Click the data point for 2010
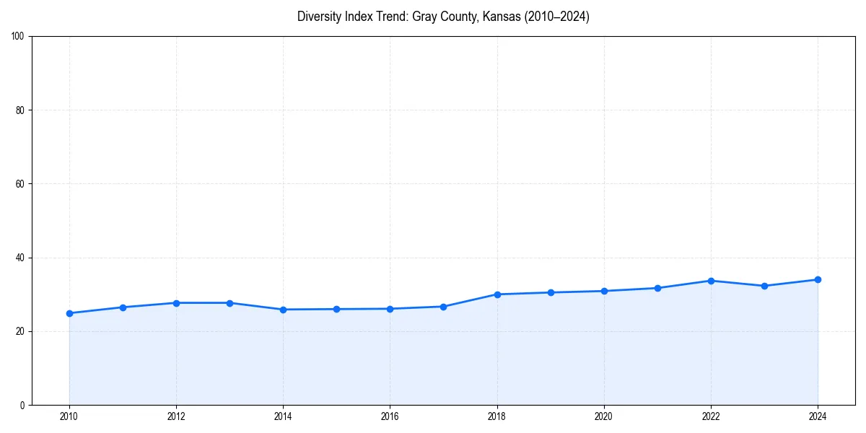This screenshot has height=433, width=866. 69,313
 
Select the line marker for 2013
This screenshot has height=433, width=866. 229,303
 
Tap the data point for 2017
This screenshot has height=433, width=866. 444,307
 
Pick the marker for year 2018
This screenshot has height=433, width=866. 497,294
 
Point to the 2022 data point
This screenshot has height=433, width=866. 711,281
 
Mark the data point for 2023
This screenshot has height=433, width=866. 764,286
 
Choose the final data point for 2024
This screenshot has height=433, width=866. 818,279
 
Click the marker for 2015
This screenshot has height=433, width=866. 336,309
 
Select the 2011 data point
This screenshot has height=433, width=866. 123,307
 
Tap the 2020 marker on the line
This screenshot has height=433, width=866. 604,291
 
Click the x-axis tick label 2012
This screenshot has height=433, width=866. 176,416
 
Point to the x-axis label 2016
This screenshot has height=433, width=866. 390,416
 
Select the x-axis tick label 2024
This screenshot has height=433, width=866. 818,416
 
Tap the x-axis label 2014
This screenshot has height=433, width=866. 283,416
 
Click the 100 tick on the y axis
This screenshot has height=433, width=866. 19,37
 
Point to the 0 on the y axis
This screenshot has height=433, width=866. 23,405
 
